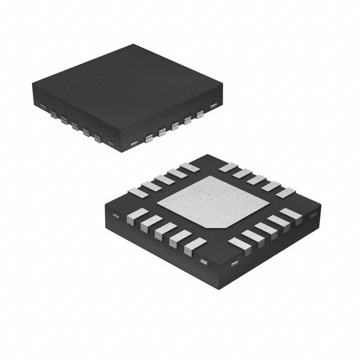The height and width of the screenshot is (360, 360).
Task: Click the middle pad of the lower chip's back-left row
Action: pyautogui.click(x=164, y=180)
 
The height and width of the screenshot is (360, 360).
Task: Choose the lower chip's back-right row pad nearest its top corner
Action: pyautogui.click(x=228, y=167)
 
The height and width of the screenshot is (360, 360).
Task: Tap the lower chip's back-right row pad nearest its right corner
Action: pyautogui.click(x=285, y=192)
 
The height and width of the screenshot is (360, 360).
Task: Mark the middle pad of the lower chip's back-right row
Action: pyautogui.click(x=256, y=179)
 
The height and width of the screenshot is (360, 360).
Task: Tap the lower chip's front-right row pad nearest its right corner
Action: pyautogui.click(x=291, y=215)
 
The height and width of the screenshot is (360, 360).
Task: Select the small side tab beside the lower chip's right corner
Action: pyautogui.click(x=313, y=215)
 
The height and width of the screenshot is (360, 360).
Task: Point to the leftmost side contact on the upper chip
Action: pyautogui.click(x=42, y=105)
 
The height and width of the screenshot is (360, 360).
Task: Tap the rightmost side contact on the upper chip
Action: pyautogui.click(x=213, y=105)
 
